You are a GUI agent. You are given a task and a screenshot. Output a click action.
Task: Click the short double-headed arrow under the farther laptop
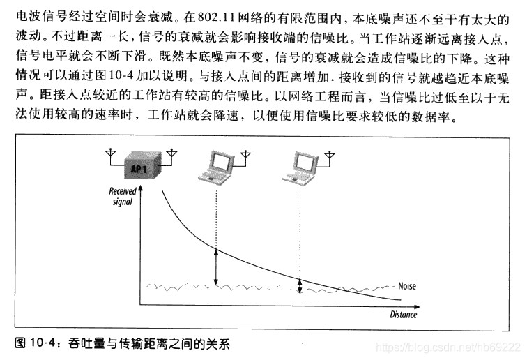300,286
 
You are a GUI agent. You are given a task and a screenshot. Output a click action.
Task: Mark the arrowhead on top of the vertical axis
142,190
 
